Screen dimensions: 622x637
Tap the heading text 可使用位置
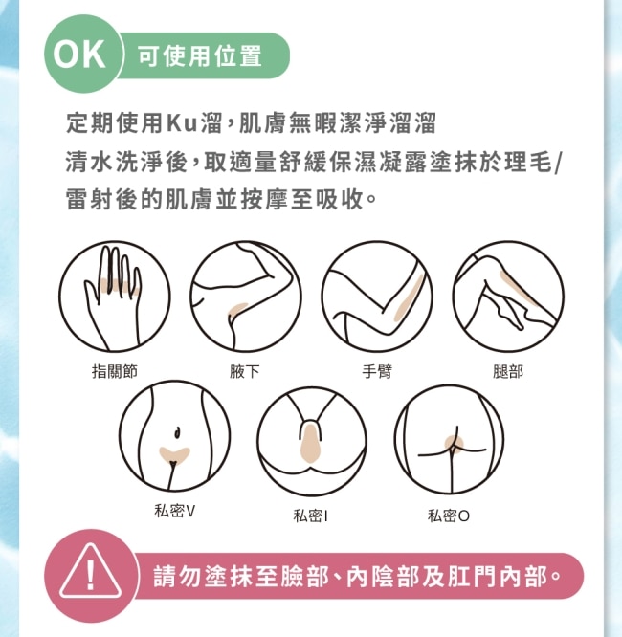[x=200, y=55]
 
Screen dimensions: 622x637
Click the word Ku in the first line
[x=182, y=122]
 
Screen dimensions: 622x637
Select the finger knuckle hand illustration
[x=115, y=297]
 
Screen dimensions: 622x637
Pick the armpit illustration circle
[x=246, y=297]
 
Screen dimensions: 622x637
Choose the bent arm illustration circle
[x=377, y=297]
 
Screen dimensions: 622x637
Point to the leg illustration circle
[x=508, y=297]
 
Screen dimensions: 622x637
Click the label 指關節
[x=115, y=371]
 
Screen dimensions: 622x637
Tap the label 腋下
[x=244, y=371]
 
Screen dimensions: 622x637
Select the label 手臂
[x=377, y=371]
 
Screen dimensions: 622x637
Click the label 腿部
[x=508, y=371]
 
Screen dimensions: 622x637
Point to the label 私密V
[x=175, y=511]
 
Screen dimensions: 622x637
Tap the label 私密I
[x=311, y=516]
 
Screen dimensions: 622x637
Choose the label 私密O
[x=449, y=516]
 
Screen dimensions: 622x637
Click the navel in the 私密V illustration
[x=177, y=432]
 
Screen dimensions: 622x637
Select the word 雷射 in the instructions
[x=90, y=200]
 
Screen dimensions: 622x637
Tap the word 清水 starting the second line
[x=90, y=162]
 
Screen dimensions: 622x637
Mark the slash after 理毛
[x=557, y=162]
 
